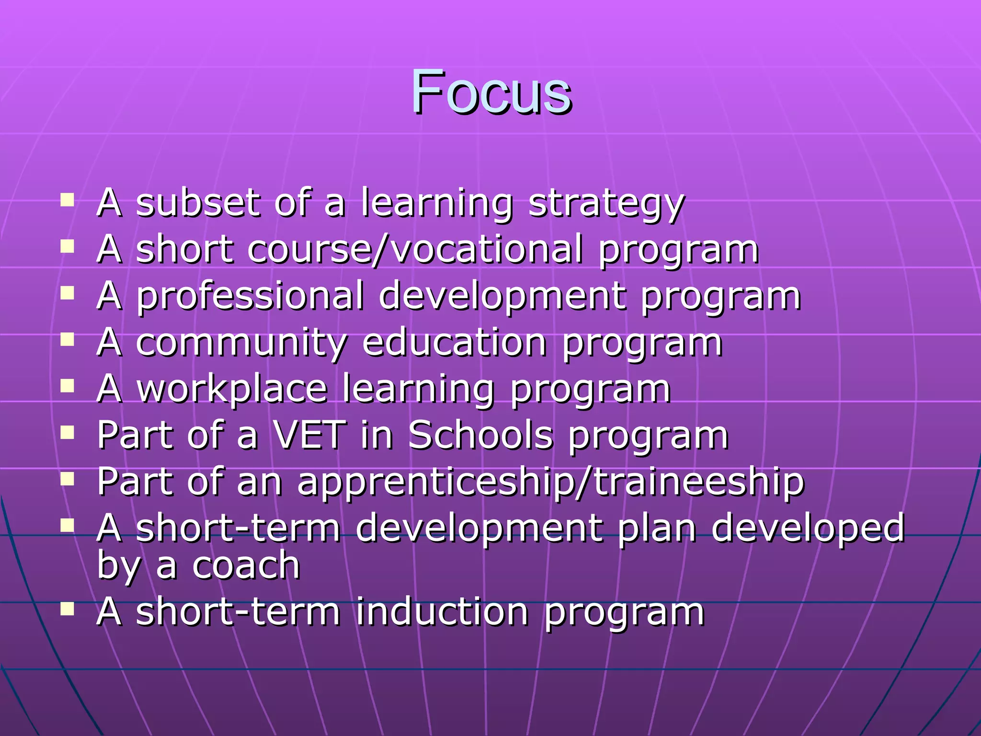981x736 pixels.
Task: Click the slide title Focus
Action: pyautogui.click(x=490, y=92)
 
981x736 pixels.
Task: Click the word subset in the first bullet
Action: pyautogui.click(x=198, y=203)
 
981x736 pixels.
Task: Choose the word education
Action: pyautogui.click(x=455, y=343)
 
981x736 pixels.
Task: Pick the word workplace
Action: pyautogui.click(x=232, y=389)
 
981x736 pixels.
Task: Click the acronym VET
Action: pyautogui.click(x=310, y=435)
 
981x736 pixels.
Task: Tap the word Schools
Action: pyautogui.click(x=480, y=435)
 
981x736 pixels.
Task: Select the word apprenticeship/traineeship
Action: pyautogui.click(x=550, y=482)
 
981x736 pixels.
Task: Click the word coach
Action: pyautogui.click(x=246, y=565)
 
